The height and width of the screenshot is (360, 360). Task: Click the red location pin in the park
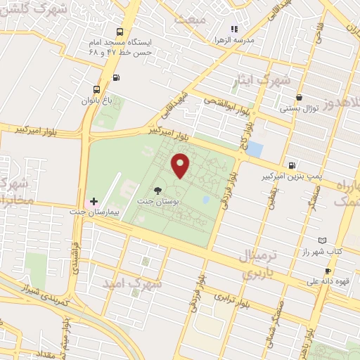click(x=181, y=165)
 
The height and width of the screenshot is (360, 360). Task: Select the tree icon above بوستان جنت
click(x=158, y=190)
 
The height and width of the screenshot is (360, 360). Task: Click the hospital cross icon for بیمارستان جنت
click(x=94, y=201)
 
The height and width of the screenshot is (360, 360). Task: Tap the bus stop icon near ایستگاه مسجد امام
click(x=120, y=32)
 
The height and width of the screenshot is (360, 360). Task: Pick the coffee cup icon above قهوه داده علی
click(x=328, y=271)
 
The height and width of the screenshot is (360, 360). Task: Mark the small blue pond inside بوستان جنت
click(x=205, y=200)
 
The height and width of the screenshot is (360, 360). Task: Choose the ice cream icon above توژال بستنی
click(x=300, y=98)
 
